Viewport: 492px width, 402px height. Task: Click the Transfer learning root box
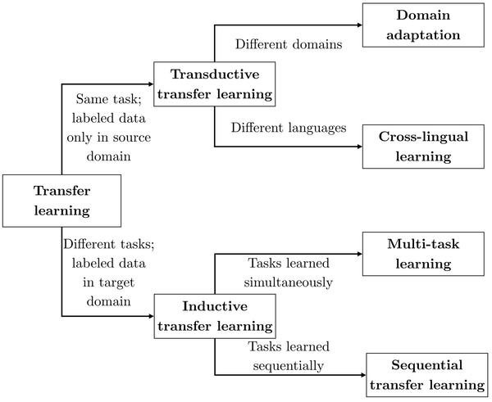point(61,201)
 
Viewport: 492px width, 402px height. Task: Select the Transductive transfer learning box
point(214,84)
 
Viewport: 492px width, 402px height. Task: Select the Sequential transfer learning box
point(427,374)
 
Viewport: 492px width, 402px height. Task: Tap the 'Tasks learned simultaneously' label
point(288,273)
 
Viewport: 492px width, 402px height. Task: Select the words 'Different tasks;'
point(107,244)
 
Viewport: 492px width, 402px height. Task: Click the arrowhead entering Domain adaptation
point(358,25)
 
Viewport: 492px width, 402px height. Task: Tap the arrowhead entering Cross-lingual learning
point(358,147)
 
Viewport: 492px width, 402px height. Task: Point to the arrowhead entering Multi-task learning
point(358,254)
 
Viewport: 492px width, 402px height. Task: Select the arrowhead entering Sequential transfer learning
point(362,375)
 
